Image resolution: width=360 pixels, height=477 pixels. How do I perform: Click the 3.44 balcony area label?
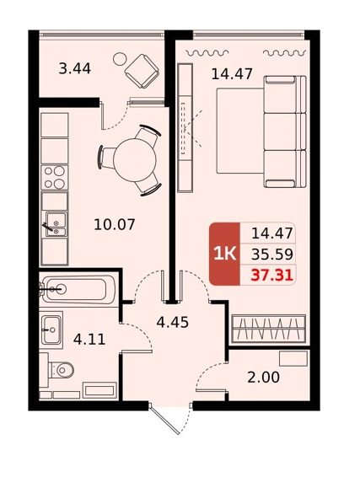click(x=74, y=68)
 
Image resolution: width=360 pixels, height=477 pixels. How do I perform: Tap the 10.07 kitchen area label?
click(x=115, y=225)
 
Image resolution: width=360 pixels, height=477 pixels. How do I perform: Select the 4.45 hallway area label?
click(x=173, y=322)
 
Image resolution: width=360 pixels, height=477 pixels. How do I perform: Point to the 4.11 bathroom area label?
click(x=89, y=339)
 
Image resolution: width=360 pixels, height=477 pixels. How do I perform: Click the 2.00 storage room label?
click(x=263, y=378)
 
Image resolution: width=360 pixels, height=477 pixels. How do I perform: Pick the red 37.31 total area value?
click(x=271, y=276)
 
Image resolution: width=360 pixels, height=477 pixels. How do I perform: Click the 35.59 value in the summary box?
click(x=272, y=255)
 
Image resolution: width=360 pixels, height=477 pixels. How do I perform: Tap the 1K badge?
click(x=225, y=254)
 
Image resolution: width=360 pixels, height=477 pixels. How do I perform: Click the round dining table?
click(x=135, y=159)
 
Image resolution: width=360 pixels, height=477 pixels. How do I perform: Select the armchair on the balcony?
click(x=142, y=71)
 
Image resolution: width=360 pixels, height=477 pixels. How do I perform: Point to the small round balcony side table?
click(x=120, y=59)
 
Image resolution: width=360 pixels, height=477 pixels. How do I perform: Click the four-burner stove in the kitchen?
click(x=55, y=178)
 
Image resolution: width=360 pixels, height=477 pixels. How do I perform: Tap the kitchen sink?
click(x=56, y=224)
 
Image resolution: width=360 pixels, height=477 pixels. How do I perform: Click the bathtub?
click(x=78, y=290)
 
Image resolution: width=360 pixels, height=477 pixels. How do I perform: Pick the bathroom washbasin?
click(x=51, y=330)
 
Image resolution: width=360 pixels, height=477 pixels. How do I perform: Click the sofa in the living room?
click(x=285, y=131)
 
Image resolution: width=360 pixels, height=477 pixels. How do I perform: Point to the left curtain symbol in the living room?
click(x=207, y=54)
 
